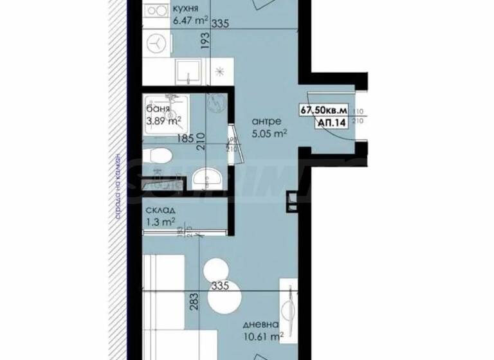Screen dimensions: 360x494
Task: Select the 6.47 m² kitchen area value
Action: coord(190,21)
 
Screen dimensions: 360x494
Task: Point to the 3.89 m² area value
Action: coord(163,119)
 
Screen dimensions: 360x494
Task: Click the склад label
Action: coord(160,211)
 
